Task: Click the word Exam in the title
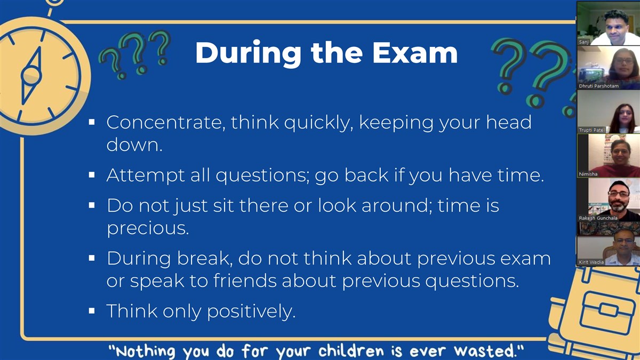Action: (415, 53)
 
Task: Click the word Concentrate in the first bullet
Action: (164, 122)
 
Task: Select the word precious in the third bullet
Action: (148, 229)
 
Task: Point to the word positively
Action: (251, 311)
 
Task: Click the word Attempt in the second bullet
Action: (146, 175)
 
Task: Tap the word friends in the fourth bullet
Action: (245, 281)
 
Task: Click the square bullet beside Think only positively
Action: (92, 311)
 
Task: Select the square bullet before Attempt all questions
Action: (92, 174)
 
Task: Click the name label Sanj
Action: (583, 42)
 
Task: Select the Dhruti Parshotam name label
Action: (598, 86)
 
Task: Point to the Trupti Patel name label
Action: (591, 130)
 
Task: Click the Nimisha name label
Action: (588, 174)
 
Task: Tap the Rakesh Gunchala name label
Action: (598, 218)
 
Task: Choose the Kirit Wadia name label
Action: (591, 262)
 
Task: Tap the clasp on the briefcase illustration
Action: (609, 310)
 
